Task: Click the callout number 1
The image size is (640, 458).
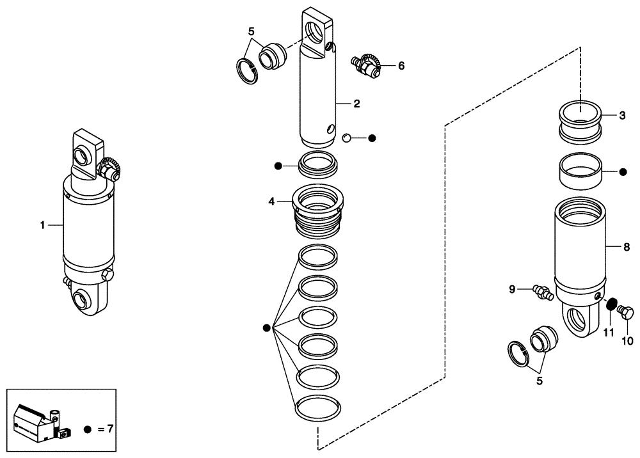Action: (x=42, y=225)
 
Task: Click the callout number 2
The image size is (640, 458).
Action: (x=357, y=103)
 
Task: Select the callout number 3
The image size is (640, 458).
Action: (x=622, y=116)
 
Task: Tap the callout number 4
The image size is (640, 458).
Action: (x=271, y=201)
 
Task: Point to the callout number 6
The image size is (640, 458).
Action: (x=401, y=65)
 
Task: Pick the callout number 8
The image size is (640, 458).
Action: (x=627, y=246)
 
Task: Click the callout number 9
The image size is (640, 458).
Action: (x=513, y=289)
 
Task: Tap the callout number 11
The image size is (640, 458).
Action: (x=609, y=332)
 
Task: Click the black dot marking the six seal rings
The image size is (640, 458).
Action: (x=267, y=328)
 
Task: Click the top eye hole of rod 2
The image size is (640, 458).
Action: (x=316, y=30)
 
